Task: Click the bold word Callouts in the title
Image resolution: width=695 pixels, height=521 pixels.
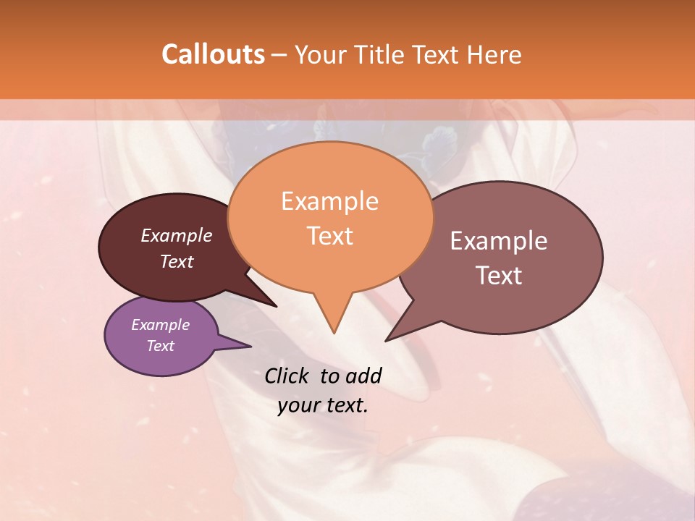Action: (x=213, y=55)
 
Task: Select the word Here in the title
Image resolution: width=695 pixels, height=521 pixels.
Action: (x=494, y=55)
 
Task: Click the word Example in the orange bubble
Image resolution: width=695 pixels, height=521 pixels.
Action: (x=329, y=201)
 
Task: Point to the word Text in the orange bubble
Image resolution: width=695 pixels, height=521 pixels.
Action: (x=329, y=236)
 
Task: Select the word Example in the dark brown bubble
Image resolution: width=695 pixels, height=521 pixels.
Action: (x=177, y=235)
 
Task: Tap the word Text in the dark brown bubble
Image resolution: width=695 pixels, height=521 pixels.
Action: (x=177, y=261)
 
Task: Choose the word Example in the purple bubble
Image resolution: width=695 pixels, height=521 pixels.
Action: (x=161, y=325)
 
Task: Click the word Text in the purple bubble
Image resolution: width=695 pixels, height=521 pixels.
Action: (x=161, y=346)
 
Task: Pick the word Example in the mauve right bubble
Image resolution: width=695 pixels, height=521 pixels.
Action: (x=499, y=241)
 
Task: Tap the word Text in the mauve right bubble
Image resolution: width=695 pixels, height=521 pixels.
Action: (x=499, y=276)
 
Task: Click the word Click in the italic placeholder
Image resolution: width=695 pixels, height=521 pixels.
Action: (x=287, y=376)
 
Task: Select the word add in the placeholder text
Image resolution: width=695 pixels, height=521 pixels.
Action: (x=363, y=376)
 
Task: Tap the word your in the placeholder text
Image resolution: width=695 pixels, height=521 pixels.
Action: (x=297, y=405)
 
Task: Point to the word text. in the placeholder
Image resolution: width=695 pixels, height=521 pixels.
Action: (x=345, y=405)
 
